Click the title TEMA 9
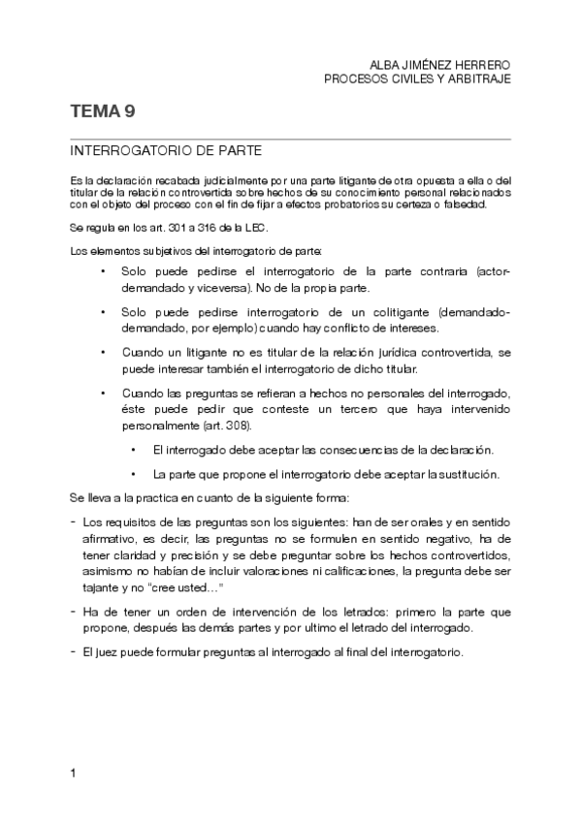pos(102,112)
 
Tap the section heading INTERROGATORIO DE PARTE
pos(165,152)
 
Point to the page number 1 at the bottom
pos(74,773)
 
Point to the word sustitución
pos(466,474)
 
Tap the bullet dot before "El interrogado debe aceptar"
pos(133,450)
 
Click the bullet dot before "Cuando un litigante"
pos(103,354)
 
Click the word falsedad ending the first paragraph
pos(461,205)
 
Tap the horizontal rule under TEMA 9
pos(290,140)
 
